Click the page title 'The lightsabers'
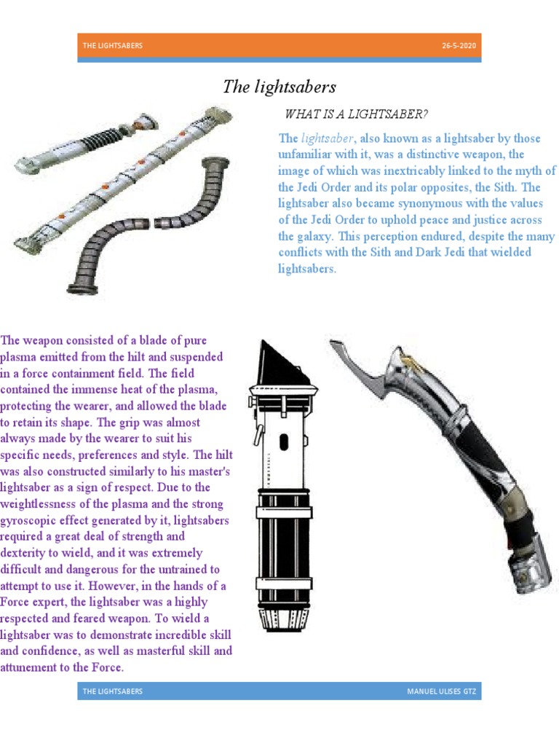[279, 87]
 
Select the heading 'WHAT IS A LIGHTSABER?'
[356, 114]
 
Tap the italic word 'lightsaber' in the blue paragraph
[327, 138]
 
